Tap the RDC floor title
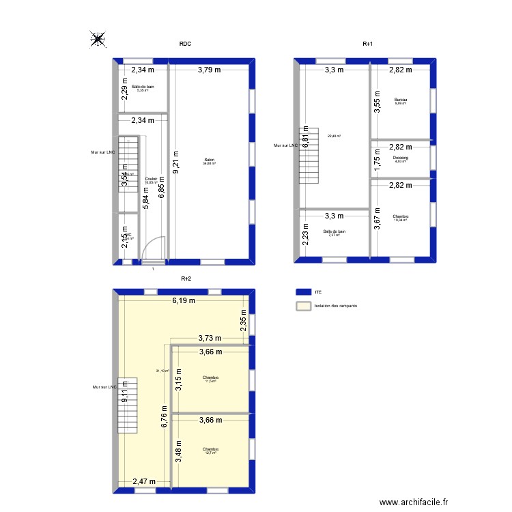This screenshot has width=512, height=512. point(185,44)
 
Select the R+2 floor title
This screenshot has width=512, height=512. point(186,279)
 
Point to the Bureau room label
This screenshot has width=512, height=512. point(400,101)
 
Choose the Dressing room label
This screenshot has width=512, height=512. point(401,159)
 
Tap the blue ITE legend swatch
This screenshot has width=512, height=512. point(302,291)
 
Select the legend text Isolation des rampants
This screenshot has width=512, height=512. point(335,307)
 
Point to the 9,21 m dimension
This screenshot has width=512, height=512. point(175,164)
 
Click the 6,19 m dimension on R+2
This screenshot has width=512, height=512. point(183,300)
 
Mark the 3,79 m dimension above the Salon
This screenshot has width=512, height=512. point(210,69)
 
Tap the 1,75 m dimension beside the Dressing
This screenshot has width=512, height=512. point(376,158)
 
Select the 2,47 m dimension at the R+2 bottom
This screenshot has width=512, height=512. point(144,481)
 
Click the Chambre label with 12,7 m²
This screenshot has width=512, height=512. point(210,450)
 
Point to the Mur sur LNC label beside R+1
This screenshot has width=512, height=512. point(285,145)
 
